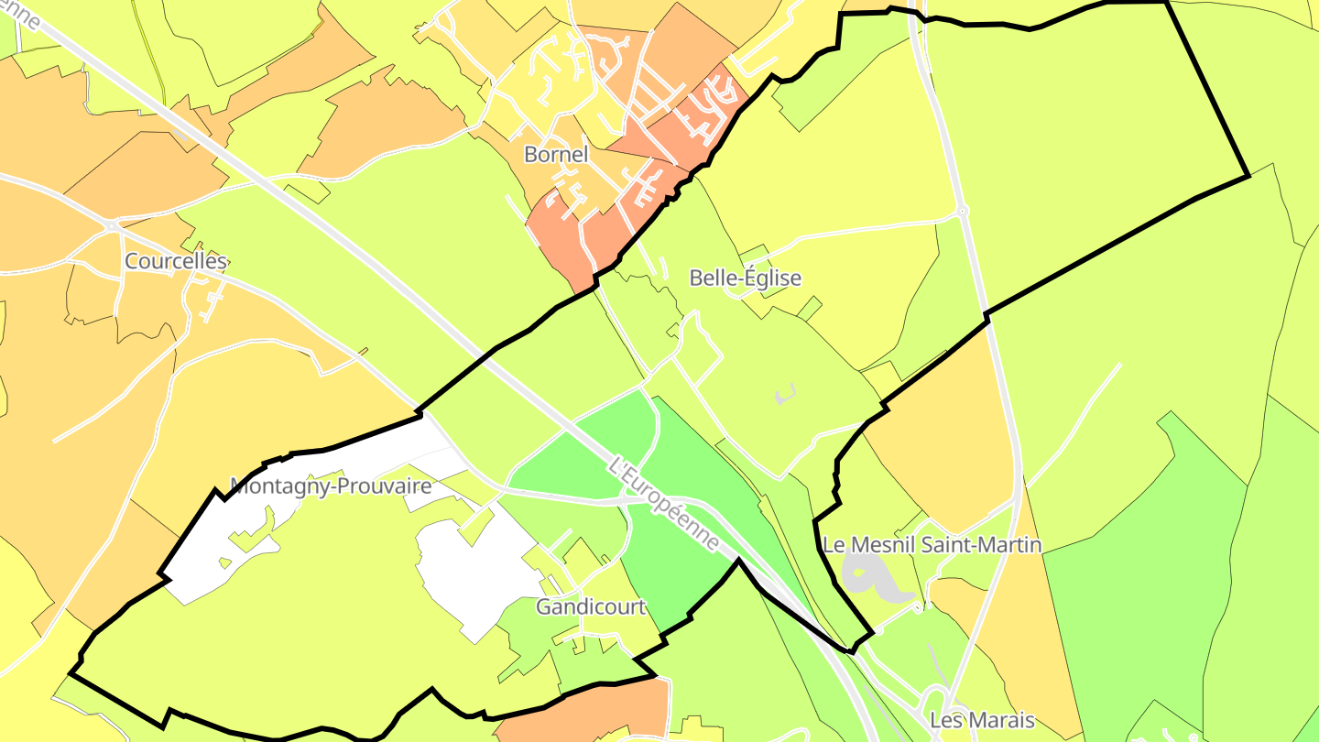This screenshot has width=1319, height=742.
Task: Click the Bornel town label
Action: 555,155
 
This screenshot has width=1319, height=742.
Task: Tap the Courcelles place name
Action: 175,261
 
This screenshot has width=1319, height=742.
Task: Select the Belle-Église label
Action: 745,278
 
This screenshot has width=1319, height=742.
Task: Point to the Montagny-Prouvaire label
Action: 330,486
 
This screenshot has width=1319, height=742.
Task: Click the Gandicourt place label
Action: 591,606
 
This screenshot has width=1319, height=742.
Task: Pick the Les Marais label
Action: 982,720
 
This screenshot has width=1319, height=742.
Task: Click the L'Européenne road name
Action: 664,504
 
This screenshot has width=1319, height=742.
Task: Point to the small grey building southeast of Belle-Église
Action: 785,394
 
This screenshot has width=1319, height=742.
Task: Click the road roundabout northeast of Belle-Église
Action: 962,211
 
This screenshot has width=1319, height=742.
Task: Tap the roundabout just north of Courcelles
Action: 112,224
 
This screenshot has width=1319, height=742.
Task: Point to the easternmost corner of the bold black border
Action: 1248,175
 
